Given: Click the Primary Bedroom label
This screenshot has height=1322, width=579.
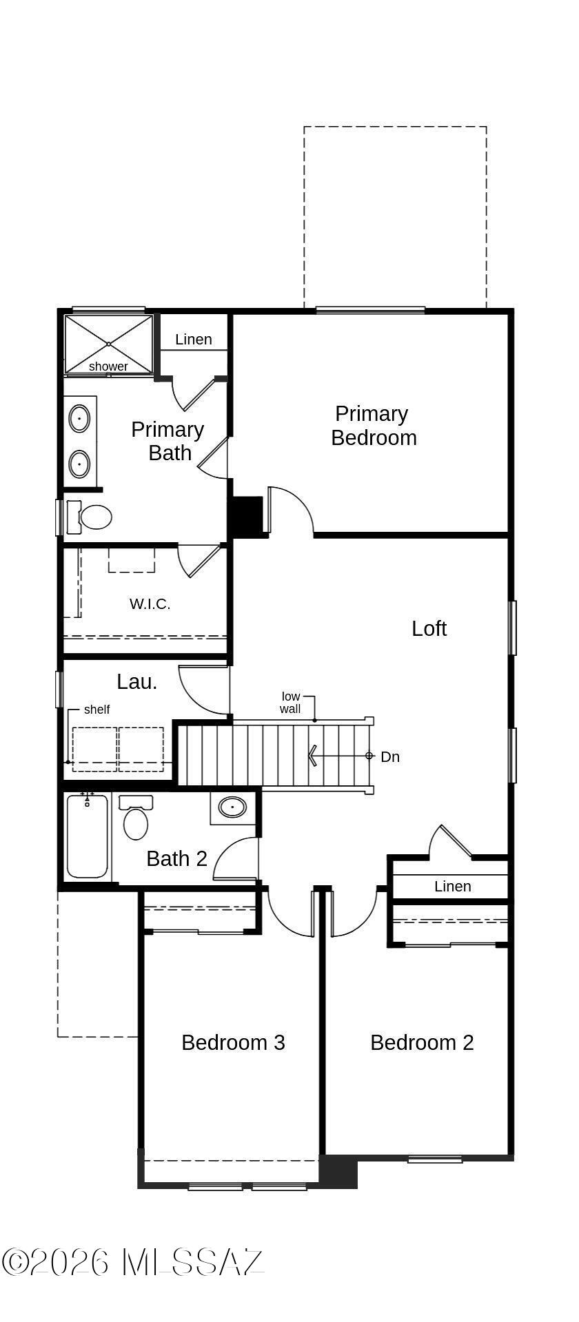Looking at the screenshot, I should (x=373, y=426).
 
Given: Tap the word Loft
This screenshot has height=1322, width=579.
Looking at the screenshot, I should (x=429, y=628).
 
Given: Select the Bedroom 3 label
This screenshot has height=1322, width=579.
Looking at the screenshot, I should (x=233, y=1042).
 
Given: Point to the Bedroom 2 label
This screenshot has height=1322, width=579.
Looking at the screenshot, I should (x=422, y=1042).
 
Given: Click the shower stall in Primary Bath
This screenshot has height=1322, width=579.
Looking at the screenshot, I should (x=108, y=344).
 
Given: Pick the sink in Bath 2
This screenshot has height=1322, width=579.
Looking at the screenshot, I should (x=232, y=807).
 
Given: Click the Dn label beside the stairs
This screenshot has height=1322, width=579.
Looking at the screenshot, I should (x=390, y=756).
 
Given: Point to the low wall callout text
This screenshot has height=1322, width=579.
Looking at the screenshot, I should (x=290, y=703).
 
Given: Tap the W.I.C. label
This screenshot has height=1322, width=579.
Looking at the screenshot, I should (x=150, y=604).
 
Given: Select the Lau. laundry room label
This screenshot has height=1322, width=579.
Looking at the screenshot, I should (x=137, y=682).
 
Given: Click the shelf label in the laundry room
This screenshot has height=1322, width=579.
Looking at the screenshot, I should (x=96, y=710).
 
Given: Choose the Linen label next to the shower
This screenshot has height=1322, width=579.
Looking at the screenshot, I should (x=193, y=339).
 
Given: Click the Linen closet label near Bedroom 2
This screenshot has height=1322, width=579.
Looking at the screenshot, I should (x=452, y=887).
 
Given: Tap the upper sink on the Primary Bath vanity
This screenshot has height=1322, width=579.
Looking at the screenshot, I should (x=79, y=419).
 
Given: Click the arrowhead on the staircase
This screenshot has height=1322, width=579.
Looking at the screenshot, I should (x=312, y=756).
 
